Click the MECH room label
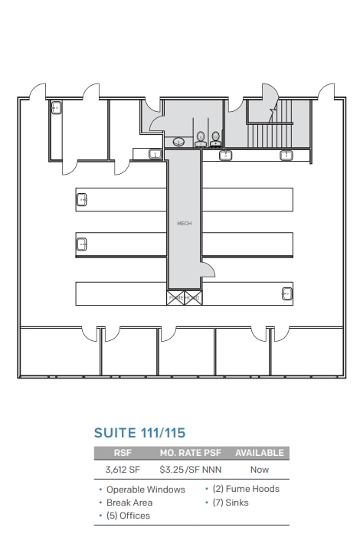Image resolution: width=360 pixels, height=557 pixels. [x=184, y=223]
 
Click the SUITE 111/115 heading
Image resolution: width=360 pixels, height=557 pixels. [x=139, y=434]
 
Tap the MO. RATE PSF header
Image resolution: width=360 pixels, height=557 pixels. [x=190, y=453]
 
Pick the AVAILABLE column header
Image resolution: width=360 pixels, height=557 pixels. [x=259, y=453]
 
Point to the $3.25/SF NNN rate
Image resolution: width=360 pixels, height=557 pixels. [x=190, y=470]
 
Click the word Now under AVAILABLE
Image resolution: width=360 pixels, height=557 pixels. [x=259, y=470]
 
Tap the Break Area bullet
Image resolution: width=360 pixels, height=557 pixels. [x=129, y=503]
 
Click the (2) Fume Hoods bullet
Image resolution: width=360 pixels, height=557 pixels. [x=245, y=489]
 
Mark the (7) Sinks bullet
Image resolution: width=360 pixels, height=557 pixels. [x=230, y=503]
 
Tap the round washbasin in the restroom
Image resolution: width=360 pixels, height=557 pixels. [x=179, y=142]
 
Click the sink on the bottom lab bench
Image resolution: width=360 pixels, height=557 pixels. [x=286, y=293]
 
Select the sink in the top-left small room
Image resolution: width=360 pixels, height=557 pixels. [x=56, y=109]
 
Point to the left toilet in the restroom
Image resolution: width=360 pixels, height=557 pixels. [x=201, y=139]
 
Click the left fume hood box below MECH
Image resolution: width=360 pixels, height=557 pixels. [x=175, y=297]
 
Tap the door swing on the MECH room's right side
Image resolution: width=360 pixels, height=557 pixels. [x=209, y=269]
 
